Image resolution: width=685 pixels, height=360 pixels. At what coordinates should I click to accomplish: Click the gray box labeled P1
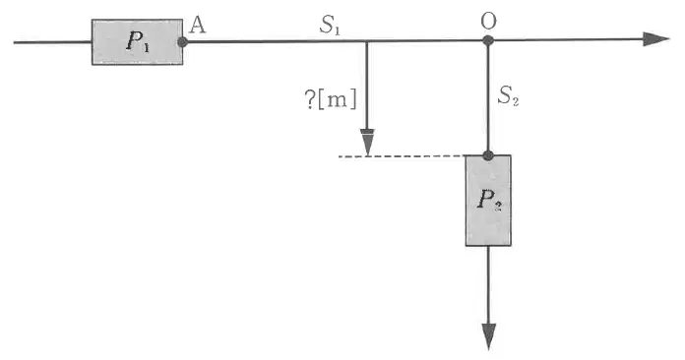137,42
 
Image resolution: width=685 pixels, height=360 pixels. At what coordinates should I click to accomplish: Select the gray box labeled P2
488,201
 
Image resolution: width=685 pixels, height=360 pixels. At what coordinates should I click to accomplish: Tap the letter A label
198,27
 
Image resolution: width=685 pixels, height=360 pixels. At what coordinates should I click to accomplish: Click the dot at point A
183,42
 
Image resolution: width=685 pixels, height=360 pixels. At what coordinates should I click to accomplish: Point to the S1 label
330,26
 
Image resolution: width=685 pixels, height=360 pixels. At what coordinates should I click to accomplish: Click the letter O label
488,21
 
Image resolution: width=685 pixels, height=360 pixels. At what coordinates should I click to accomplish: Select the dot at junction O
488,40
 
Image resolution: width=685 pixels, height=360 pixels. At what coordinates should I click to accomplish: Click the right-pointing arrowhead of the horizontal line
656,38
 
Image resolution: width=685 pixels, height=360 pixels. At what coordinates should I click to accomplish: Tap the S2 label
508,95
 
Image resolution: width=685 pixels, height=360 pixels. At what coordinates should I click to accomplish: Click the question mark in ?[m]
309,100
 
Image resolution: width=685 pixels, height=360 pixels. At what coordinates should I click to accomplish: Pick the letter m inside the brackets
336,101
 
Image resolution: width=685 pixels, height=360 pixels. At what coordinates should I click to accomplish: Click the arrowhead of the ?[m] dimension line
368,143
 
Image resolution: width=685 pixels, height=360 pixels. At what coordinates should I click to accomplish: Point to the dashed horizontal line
402,155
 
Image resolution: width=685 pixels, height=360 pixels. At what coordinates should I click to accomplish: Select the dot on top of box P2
488,155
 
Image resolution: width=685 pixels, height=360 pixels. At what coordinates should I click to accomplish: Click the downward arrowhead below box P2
488,336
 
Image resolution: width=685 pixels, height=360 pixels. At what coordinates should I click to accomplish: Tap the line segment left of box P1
52,42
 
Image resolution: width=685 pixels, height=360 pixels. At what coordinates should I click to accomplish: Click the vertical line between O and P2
488,98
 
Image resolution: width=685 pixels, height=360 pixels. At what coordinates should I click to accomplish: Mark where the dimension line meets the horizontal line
367,41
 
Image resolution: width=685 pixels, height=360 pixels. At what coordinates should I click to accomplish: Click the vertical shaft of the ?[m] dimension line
367,86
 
